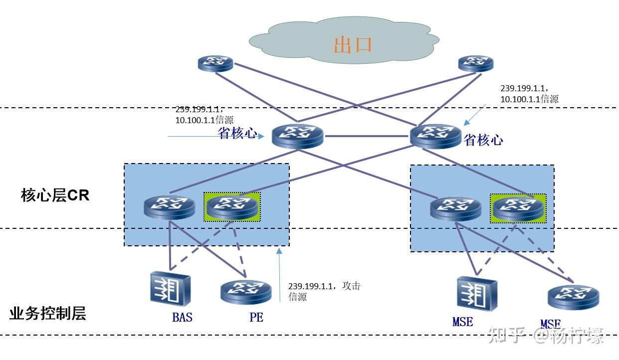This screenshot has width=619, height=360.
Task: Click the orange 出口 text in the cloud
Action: click(353, 44)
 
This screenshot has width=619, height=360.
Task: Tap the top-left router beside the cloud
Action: click(215, 63)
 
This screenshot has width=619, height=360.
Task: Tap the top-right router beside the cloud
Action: click(475, 63)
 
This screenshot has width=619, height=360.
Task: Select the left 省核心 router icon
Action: click(298, 136)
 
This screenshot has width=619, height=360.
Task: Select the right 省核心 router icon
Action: click(436, 136)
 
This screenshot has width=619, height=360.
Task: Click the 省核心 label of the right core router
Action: click(483, 140)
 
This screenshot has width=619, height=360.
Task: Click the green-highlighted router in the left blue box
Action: click(232, 206)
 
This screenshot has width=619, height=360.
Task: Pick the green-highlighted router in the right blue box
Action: click(518, 208)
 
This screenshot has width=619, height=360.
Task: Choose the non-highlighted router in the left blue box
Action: click(170, 207)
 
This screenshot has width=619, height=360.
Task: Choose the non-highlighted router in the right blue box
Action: click(456, 209)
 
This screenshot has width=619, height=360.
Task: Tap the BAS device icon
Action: click(170, 289)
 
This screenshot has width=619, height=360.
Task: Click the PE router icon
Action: click(246, 292)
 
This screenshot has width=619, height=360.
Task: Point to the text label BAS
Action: click(182, 317)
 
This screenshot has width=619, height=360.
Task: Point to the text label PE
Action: click(256, 317)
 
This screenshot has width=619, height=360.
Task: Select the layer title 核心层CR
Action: click(55, 195)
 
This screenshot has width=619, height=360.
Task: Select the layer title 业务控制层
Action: click(47, 314)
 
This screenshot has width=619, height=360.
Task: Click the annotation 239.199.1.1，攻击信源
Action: click(324, 291)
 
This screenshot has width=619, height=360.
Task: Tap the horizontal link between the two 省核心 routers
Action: click(367, 136)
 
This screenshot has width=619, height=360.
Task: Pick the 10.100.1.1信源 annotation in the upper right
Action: click(529, 99)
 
